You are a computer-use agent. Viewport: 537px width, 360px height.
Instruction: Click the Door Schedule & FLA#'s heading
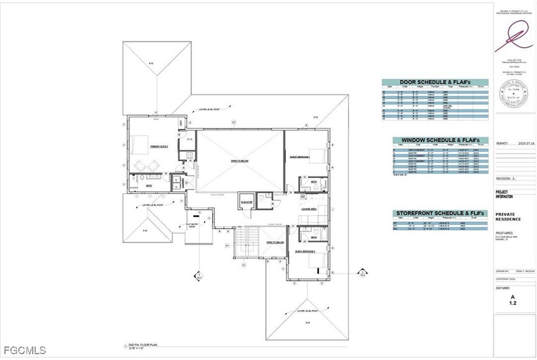click(434, 82)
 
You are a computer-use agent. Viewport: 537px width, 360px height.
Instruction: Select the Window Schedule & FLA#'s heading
click(434, 140)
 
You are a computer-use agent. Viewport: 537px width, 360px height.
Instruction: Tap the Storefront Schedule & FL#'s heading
click(434, 213)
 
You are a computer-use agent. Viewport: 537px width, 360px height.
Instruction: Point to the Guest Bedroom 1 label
click(300, 157)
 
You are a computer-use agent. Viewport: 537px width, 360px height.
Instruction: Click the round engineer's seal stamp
click(514, 98)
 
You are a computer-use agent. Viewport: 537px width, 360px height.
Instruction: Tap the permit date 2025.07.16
click(525, 143)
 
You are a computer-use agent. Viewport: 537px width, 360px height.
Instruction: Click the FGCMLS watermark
click(24, 350)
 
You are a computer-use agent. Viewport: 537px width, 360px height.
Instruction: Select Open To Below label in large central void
click(239, 161)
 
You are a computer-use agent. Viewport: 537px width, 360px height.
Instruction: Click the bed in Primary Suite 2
click(141, 144)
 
